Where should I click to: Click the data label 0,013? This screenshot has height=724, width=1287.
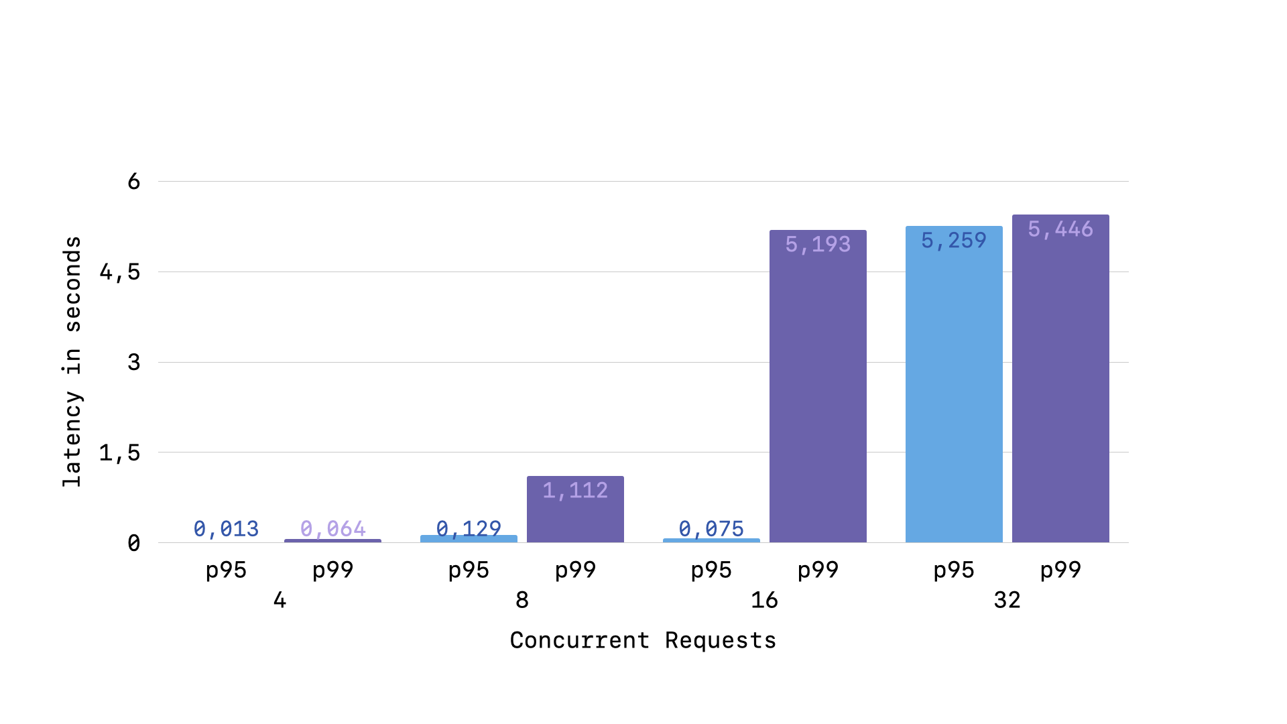point(226,529)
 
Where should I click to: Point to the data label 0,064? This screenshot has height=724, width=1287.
point(332,529)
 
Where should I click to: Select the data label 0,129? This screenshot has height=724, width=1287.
point(469,529)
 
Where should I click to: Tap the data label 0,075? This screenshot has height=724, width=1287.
point(711,529)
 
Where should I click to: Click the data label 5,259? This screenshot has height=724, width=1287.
point(954,240)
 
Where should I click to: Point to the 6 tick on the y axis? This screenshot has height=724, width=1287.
point(134,182)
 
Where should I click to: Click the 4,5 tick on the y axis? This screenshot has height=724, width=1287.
point(120,272)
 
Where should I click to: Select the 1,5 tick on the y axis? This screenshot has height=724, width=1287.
point(120,453)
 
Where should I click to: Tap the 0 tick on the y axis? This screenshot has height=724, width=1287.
point(134,543)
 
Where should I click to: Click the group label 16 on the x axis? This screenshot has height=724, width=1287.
point(764,600)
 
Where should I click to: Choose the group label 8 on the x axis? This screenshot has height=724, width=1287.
point(522,600)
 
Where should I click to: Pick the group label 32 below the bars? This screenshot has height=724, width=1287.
point(1007,600)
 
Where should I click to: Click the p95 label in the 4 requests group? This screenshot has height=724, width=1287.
point(226,570)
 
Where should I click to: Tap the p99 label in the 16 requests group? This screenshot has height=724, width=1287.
point(818,570)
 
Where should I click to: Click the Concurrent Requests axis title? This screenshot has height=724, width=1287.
point(643,640)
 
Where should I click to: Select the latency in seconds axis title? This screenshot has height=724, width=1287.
point(72,362)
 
